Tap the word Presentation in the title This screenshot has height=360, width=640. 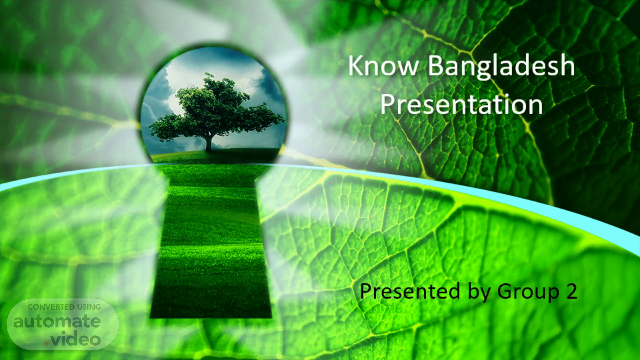(x=461, y=104)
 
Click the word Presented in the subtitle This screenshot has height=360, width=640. (x=410, y=291)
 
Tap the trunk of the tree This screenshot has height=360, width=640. (x=209, y=142)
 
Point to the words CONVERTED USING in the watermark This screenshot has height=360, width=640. (x=64, y=307)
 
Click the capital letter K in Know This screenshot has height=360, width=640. (x=355, y=66)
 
